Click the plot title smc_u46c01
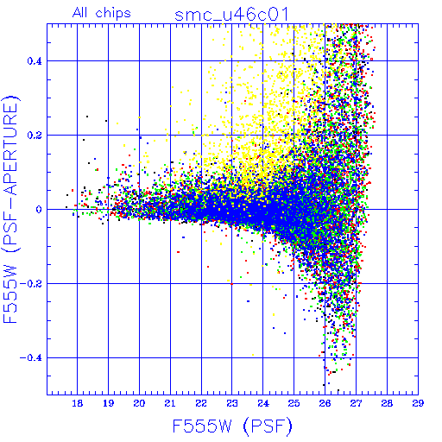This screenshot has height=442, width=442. pyautogui.click(x=231, y=15)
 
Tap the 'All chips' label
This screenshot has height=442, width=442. pyautogui.click(x=102, y=13)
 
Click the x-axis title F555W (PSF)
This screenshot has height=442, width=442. pyautogui.click(x=232, y=426)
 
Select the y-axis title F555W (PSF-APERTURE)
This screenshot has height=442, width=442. pyautogui.click(x=11, y=209)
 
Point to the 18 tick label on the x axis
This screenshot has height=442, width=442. pyautogui.click(x=77, y=403)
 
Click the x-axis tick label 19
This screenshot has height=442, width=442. pyautogui.click(x=108, y=403)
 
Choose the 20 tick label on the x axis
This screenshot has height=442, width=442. pyautogui.click(x=139, y=403)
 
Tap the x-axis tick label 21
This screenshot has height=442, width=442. pyautogui.click(x=170, y=403)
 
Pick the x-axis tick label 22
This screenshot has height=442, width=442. pyautogui.click(x=201, y=403)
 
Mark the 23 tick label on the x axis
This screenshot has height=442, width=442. pyautogui.click(x=232, y=403)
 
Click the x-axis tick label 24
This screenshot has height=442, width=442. pyautogui.click(x=263, y=403)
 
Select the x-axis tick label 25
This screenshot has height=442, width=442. pyautogui.click(x=294, y=403)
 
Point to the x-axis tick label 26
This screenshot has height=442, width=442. pyautogui.click(x=325, y=403)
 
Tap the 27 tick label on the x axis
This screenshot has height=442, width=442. pyautogui.click(x=356, y=403)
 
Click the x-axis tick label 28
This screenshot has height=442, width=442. pyautogui.click(x=387, y=403)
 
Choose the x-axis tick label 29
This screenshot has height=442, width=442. pyautogui.click(x=418, y=403)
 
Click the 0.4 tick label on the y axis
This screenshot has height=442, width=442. pyautogui.click(x=35, y=61)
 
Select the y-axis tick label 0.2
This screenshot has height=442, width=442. pyautogui.click(x=35, y=136)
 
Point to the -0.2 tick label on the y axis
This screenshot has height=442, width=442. pyautogui.click(x=31, y=284)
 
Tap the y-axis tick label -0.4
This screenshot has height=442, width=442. pyautogui.click(x=31, y=358)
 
